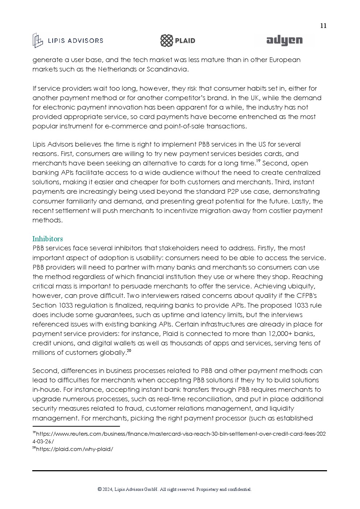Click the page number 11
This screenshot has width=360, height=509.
(x=323, y=26)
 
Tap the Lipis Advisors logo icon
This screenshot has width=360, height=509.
(x=38, y=40)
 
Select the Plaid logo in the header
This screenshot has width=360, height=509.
(x=178, y=41)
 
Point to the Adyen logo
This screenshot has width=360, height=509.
(x=284, y=41)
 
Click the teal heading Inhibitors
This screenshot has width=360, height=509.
(x=47, y=239)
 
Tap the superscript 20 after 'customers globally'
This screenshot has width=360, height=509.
(x=129, y=351)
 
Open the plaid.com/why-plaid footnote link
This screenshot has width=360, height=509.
(x=74, y=449)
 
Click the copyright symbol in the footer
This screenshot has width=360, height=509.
(x=99, y=489)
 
